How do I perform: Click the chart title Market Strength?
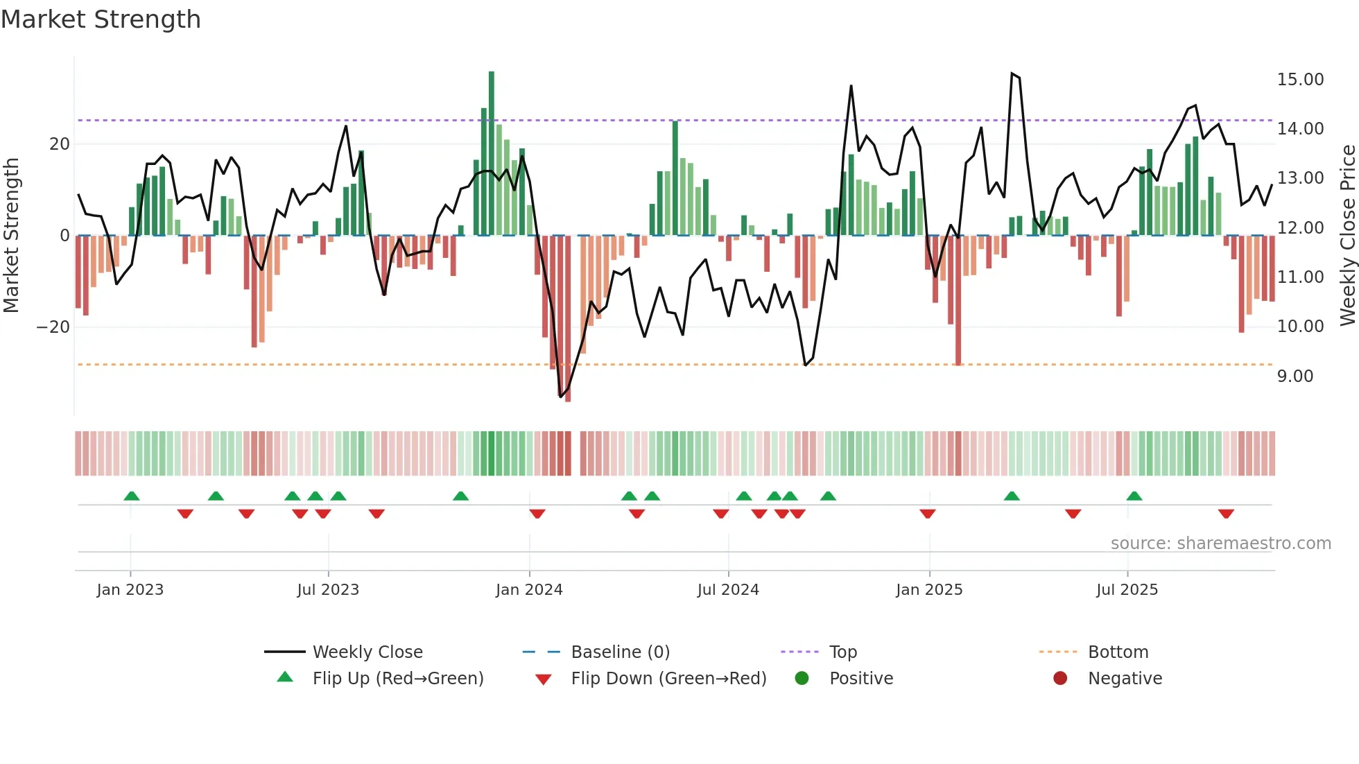click(101, 19)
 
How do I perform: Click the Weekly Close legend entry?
click(367, 652)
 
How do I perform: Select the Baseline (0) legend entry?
click(620, 652)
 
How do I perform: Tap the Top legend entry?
click(842, 652)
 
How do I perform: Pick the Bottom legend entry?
click(1118, 652)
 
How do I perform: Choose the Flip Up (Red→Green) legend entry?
click(397, 678)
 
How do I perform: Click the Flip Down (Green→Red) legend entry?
click(668, 678)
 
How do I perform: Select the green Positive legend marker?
click(802, 678)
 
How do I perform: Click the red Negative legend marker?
click(1060, 678)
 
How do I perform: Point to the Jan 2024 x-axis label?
click(529, 589)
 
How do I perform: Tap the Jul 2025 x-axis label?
click(1127, 589)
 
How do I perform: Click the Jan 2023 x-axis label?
click(130, 589)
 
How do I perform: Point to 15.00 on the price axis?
click(1300, 79)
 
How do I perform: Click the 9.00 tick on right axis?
click(1295, 376)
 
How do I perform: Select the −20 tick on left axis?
click(53, 327)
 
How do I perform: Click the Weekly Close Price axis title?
click(1347, 235)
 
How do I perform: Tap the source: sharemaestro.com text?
click(1220, 543)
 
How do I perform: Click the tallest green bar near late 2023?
click(492, 153)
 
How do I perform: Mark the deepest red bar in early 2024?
click(568, 319)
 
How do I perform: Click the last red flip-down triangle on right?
click(1226, 514)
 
